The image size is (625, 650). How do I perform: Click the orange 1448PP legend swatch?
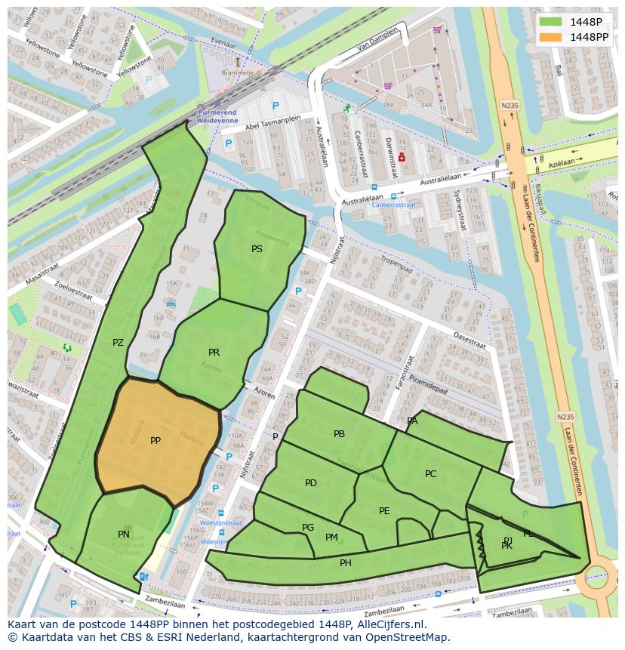click(x=550, y=37)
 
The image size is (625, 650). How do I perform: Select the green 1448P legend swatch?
click(x=550, y=22)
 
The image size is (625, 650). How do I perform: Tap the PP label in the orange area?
click(x=155, y=441)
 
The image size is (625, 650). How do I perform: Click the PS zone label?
click(x=257, y=248)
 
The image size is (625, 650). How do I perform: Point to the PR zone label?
click(x=214, y=353)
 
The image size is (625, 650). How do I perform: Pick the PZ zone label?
click(x=118, y=343)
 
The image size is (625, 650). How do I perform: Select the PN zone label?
click(x=124, y=534)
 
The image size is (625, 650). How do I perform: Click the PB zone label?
click(x=339, y=434)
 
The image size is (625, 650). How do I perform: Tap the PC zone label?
click(x=430, y=474)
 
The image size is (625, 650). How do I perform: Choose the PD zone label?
click(x=311, y=483)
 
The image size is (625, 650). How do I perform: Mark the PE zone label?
click(x=384, y=511)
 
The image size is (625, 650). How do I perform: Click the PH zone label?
click(x=346, y=563)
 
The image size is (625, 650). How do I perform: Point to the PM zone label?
click(x=331, y=538)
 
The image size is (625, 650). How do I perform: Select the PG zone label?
click(x=308, y=528)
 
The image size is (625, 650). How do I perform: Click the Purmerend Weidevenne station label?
click(x=217, y=116)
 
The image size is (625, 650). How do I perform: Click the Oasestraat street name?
click(x=468, y=340)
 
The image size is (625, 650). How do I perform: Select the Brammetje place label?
click(x=237, y=72)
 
